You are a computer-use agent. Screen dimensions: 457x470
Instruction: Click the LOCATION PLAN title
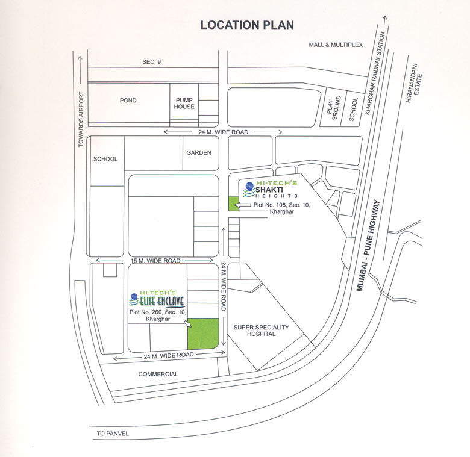click(x=247, y=25)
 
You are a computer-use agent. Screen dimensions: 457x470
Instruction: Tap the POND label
click(x=128, y=101)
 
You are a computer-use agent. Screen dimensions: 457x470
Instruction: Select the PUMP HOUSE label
click(x=184, y=103)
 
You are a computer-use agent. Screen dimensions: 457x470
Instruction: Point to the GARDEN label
click(x=198, y=152)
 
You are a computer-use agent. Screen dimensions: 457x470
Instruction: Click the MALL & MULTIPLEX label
click(x=336, y=45)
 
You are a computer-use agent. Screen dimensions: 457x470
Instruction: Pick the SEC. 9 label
click(x=152, y=62)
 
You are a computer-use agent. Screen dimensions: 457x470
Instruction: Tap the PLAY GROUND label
click(x=337, y=108)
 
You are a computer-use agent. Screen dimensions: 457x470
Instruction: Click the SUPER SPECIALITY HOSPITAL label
click(x=262, y=331)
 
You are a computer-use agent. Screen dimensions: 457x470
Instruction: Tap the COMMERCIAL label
click(x=158, y=374)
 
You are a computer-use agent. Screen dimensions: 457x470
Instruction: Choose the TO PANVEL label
click(x=113, y=434)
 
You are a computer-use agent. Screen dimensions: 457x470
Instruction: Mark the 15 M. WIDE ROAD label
click(x=155, y=261)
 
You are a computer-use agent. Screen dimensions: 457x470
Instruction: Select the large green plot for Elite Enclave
click(x=202, y=334)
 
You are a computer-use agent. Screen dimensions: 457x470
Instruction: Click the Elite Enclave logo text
click(x=159, y=299)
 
